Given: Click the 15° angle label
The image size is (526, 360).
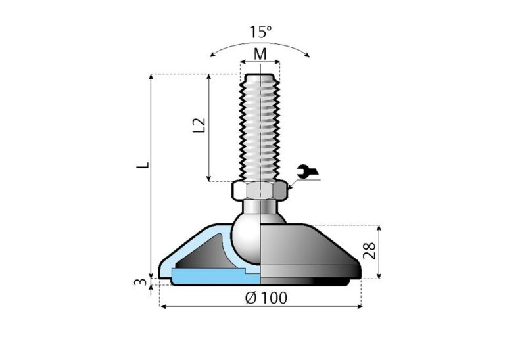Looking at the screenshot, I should pos(260,32).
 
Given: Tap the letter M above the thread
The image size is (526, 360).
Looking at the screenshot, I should pos(260,54).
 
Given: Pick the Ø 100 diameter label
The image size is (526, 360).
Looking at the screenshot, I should pos(266,298).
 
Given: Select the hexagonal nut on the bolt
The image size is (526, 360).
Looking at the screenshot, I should pos(260,191).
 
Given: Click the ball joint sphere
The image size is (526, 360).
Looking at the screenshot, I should pos(250,243).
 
